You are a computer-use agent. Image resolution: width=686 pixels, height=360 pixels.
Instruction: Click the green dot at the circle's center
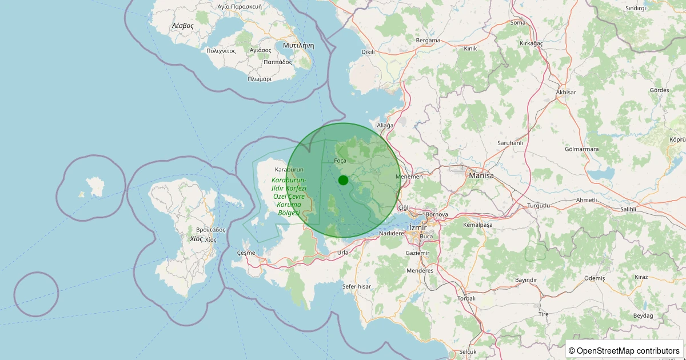[x=343, y=180]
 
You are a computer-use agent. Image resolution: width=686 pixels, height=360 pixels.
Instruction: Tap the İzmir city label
[x=418, y=227]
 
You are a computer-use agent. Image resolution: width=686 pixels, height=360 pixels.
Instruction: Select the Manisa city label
[x=481, y=175]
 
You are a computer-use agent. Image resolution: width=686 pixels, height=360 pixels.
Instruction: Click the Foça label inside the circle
[x=340, y=161]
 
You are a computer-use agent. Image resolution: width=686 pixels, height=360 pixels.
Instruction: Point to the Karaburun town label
[x=289, y=170]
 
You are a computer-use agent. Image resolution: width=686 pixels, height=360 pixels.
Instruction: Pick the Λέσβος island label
[x=183, y=26]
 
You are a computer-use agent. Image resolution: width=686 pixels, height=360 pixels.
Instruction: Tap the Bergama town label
[x=428, y=41]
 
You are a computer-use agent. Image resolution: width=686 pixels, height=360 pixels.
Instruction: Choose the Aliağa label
[x=385, y=125]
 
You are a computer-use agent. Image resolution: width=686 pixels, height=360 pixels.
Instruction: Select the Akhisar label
[x=566, y=92]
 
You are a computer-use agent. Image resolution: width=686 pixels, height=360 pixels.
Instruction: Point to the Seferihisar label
[x=357, y=286]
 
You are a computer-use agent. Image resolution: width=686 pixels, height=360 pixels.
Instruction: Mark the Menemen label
[x=412, y=177]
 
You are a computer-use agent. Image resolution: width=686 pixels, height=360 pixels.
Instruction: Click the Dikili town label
[x=368, y=51]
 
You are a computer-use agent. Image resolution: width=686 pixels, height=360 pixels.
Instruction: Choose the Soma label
[x=517, y=23]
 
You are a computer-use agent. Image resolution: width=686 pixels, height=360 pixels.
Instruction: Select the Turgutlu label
[x=539, y=205]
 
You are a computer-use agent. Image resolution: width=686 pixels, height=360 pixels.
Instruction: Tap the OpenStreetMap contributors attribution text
[x=624, y=350]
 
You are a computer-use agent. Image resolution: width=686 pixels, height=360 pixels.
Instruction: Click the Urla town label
[x=343, y=252]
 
